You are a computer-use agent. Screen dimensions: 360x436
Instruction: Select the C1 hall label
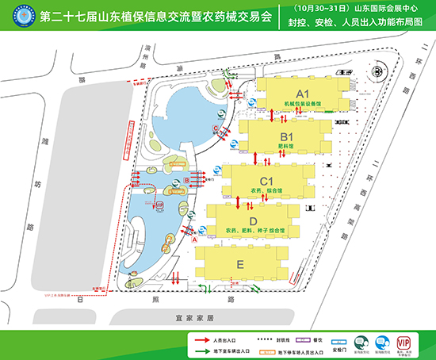[x=267, y=179]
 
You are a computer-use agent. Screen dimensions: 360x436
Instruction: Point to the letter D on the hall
[x=253, y=220]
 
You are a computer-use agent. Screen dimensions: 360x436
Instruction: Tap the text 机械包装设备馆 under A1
[x=302, y=103]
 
